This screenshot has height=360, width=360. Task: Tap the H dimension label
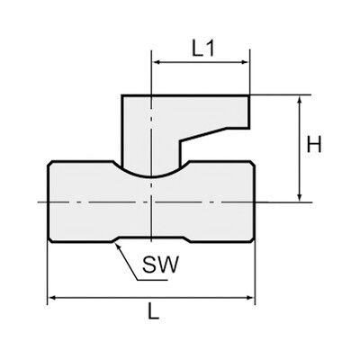(x=314, y=144)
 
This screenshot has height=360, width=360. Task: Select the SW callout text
(x=161, y=265)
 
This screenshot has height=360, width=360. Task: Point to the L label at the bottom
(x=154, y=310)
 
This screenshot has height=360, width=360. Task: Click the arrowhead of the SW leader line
(x=118, y=246)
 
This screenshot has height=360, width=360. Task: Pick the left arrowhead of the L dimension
(x=52, y=298)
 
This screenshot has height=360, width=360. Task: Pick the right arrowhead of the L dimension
(x=250, y=298)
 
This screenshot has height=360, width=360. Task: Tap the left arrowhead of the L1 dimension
(x=157, y=62)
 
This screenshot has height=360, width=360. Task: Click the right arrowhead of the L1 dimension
(x=245, y=62)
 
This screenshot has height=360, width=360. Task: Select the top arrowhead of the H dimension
(x=299, y=100)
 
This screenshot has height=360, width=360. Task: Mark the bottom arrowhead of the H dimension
(x=299, y=196)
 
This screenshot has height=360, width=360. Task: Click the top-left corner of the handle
(x=121, y=95)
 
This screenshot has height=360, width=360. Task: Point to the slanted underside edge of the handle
(x=202, y=134)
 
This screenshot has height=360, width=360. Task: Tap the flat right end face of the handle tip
(x=249, y=112)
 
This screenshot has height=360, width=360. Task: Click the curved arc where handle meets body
(x=151, y=176)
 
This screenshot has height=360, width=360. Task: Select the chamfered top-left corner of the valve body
(x=50, y=164)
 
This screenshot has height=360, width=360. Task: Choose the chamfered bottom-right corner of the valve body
(x=252, y=239)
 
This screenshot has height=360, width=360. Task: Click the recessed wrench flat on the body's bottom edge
(x=151, y=238)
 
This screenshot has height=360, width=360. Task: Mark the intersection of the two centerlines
(x=152, y=202)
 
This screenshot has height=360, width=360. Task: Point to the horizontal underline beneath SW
(x=152, y=280)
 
